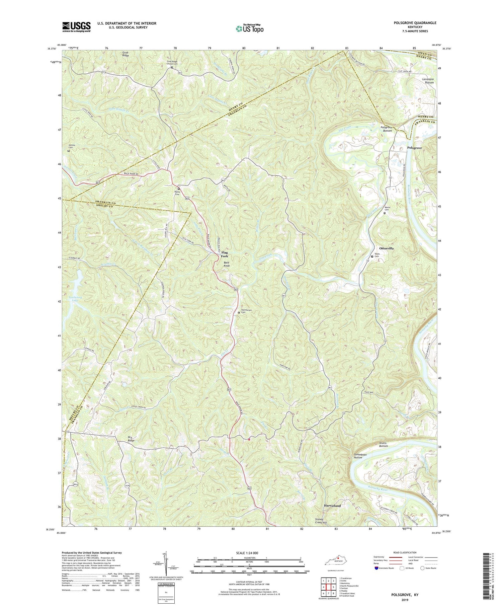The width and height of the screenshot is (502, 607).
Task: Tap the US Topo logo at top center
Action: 249,28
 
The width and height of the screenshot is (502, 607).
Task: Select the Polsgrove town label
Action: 414,148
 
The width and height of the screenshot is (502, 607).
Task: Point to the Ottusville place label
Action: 387,249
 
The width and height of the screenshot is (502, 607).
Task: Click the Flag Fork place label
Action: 224,254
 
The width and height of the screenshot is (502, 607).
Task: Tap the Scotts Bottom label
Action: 381,444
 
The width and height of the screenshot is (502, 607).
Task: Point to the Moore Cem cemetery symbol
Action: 385,213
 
